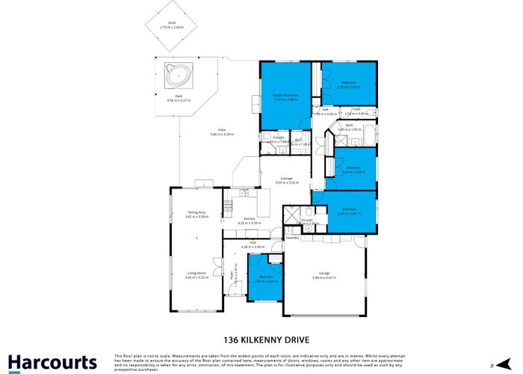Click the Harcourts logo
(x=53, y=362)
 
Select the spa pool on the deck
(x=177, y=76)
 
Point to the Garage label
(x=324, y=274)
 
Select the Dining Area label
(x=196, y=212)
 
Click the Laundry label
(x=292, y=238)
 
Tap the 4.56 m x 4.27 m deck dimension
(x=179, y=100)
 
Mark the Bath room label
(x=349, y=125)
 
